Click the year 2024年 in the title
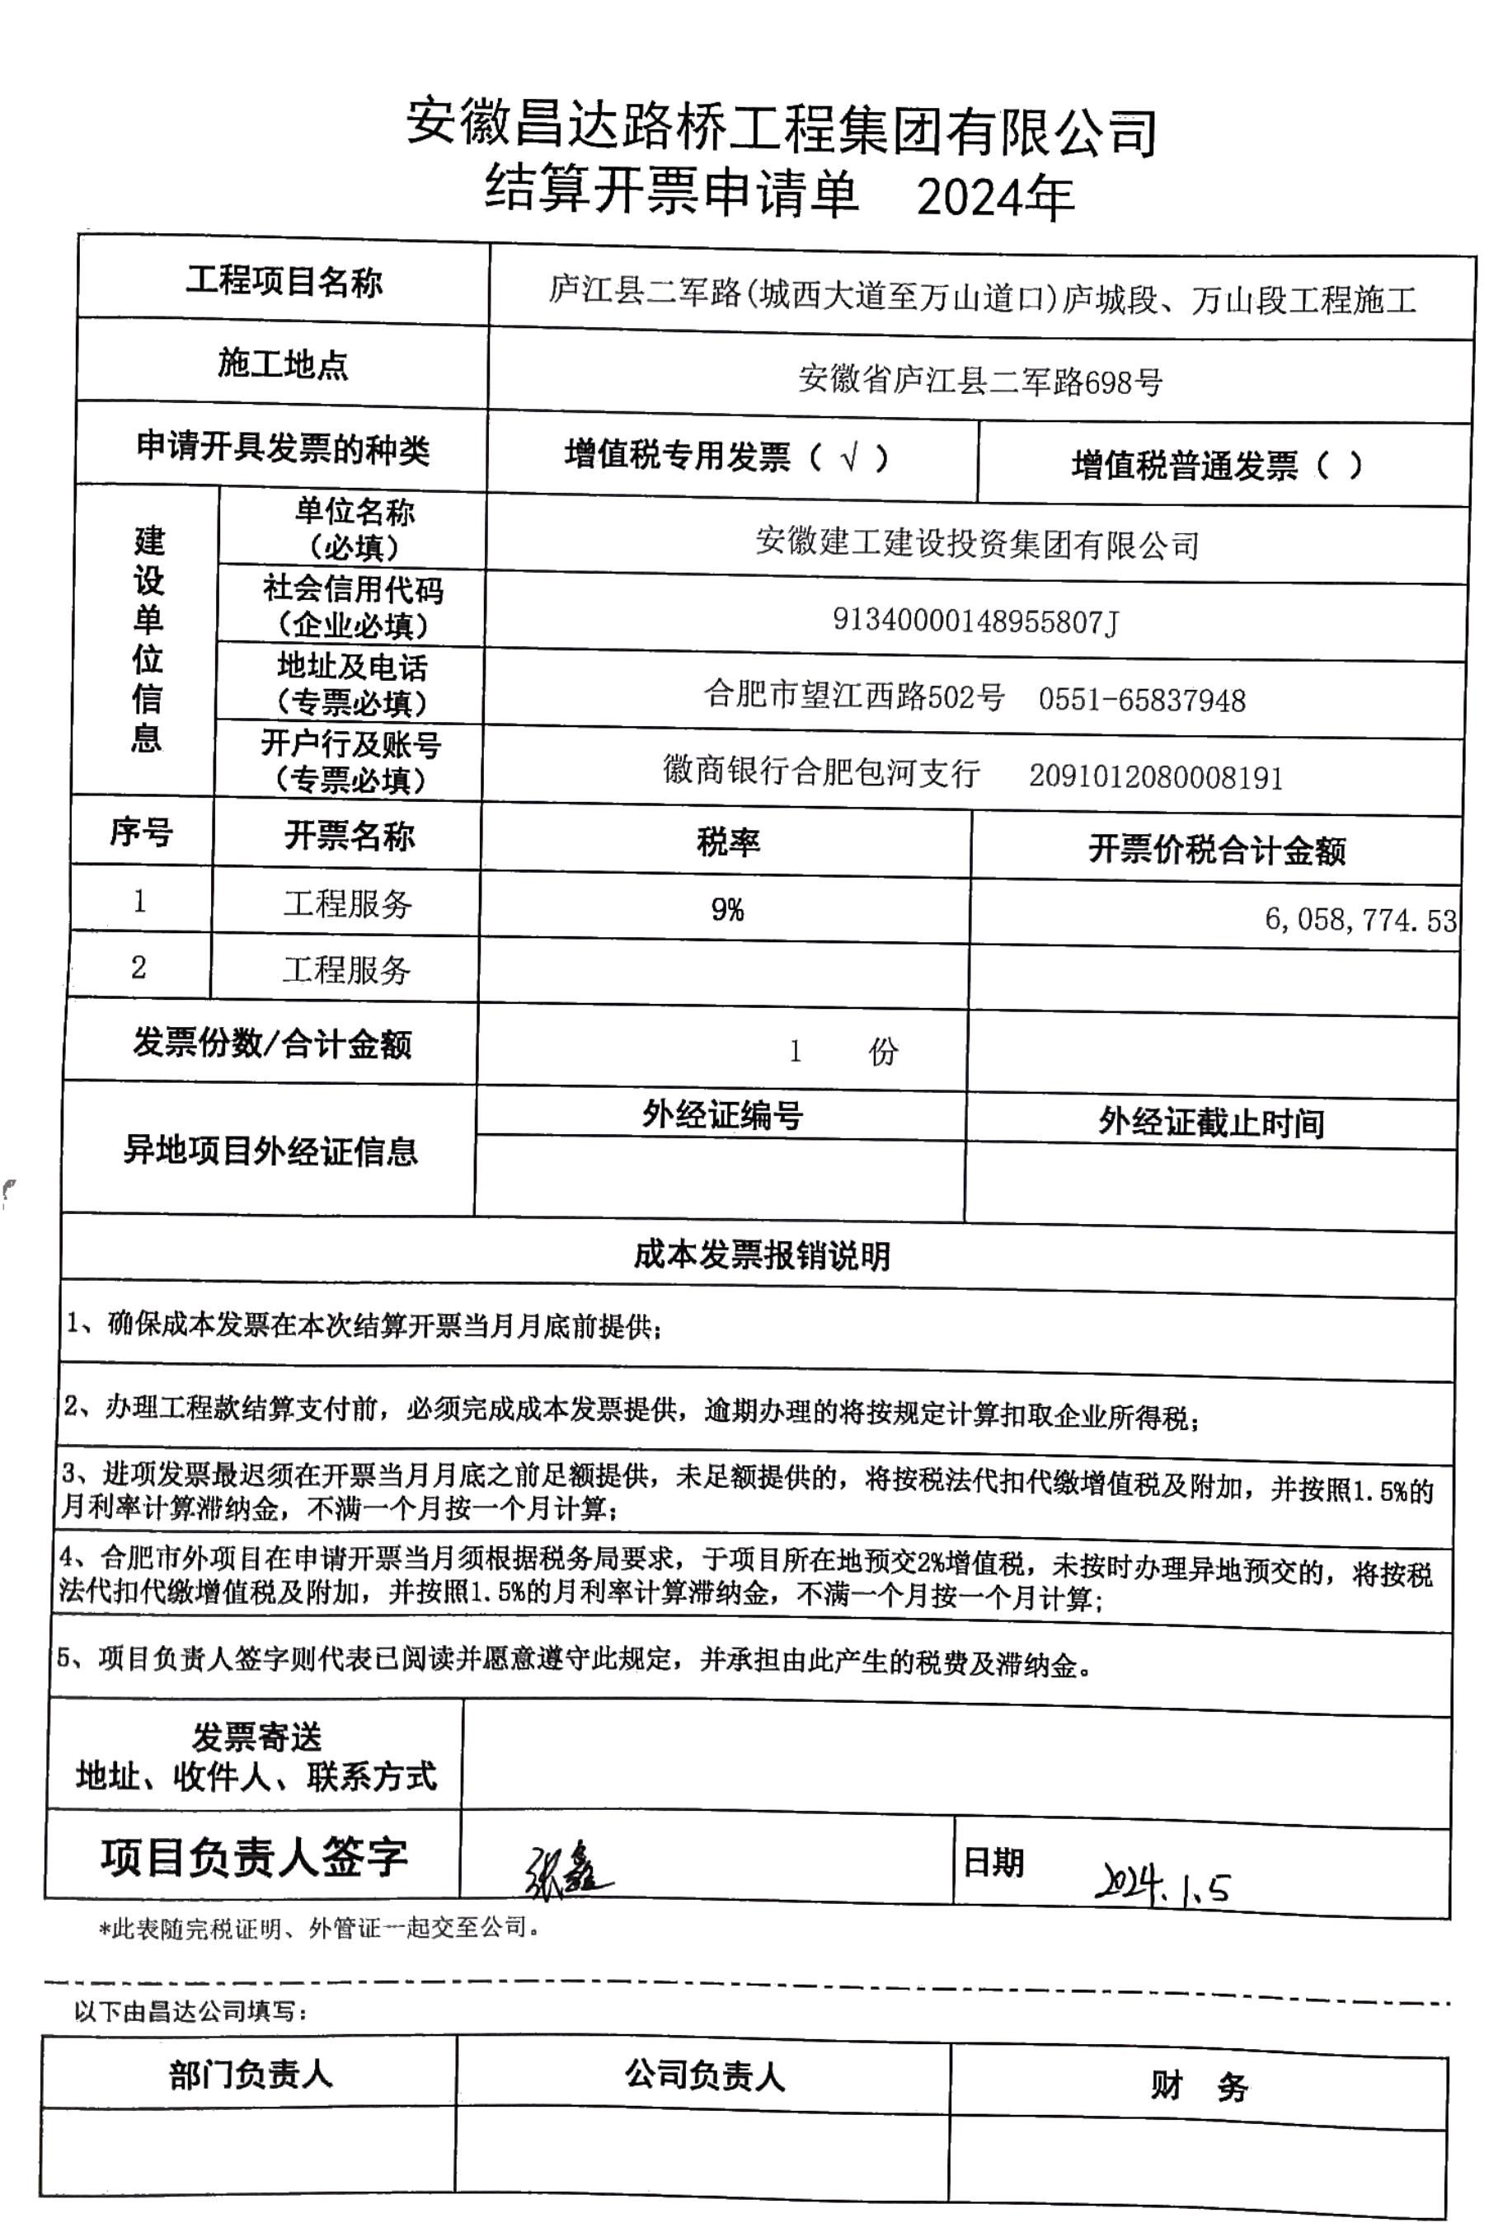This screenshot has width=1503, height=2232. tap(994, 199)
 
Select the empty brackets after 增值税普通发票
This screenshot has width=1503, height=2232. tap(1339, 466)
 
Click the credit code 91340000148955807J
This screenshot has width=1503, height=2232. tap(975, 622)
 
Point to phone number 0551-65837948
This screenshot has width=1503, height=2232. tap(1142, 700)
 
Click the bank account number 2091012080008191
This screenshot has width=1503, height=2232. tap(1155, 776)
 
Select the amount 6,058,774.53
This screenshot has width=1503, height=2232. tap(1360, 920)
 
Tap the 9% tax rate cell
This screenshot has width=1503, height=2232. tap(726, 908)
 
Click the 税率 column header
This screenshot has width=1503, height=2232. tap(727, 842)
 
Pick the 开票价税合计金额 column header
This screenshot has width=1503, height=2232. tap(1216, 849)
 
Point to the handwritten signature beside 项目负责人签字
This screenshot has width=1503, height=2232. tap(566, 1871)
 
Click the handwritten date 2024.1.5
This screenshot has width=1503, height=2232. tap(1161, 1883)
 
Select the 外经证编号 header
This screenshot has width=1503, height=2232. tap(721, 1114)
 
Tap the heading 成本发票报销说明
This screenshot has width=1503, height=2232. tap(761, 1254)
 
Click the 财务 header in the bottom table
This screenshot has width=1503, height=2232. tap(1198, 2085)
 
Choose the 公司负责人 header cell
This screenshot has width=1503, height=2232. tap(705, 2075)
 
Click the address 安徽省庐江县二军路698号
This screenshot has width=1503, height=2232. tap(979, 382)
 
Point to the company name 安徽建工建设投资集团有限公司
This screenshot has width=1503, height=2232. tap(976, 544)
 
